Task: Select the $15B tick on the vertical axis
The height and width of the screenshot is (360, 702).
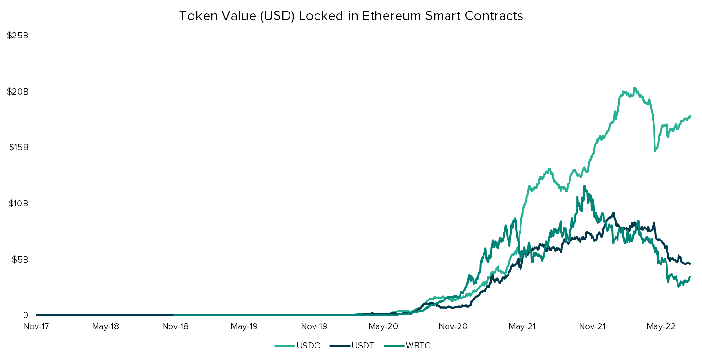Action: coord(19,147)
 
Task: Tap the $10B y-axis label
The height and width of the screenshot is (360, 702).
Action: coord(19,204)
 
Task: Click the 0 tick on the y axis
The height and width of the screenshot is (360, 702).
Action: coord(25,315)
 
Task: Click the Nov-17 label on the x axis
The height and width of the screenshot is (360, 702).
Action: coord(36,327)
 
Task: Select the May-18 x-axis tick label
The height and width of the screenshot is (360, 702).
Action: coord(105,327)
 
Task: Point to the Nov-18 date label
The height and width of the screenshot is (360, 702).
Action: coord(175,327)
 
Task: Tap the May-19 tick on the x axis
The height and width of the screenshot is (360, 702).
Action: coord(244,327)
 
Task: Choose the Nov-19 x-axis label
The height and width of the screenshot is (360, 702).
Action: coord(314,327)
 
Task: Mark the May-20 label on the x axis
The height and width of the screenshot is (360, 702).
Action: coord(383,327)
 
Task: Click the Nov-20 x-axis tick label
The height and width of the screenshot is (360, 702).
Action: coord(453,327)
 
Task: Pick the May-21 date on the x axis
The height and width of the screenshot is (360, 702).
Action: coord(522,327)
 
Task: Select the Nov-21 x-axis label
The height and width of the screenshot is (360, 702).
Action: coord(592,327)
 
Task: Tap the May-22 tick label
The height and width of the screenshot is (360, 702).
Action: coord(661,327)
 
